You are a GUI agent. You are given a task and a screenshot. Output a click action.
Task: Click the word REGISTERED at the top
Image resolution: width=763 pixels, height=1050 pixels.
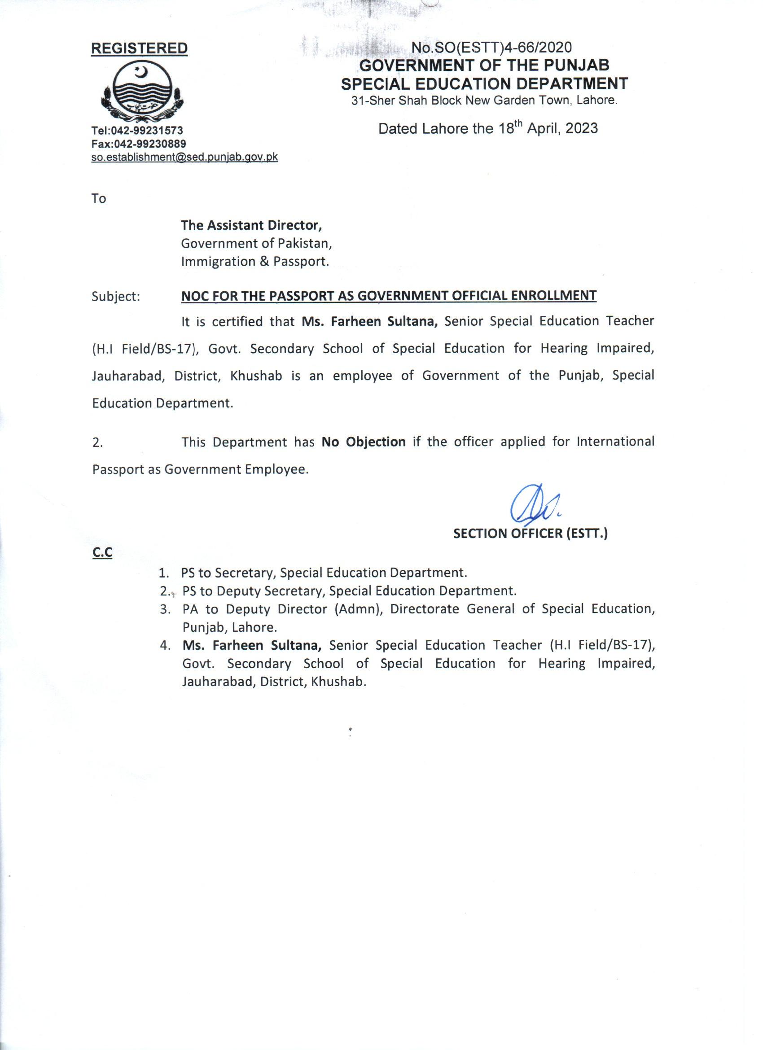click(x=139, y=48)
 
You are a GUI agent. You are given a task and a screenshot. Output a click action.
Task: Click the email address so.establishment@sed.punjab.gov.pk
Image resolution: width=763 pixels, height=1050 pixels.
click(x=184, y=157)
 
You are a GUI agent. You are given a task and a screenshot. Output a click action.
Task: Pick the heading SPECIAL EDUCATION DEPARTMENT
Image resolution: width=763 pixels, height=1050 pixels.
click(x=484, y=84)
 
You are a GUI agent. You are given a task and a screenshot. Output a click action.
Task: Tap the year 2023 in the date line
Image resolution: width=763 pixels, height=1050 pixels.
click(x=581, y=128)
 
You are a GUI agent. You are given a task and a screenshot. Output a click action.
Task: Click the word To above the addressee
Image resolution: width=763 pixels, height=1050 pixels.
click(x=99, y=199)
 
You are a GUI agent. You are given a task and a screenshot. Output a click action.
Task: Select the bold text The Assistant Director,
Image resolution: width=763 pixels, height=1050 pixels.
click(x=251, y=225)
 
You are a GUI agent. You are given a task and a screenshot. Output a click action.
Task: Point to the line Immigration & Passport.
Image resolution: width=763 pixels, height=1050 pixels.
click(x=254, y=262)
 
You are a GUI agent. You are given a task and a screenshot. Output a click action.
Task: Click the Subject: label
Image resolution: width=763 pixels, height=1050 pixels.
click(x=116, y=296)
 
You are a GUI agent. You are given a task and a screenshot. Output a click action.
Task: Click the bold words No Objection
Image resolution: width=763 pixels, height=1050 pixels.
click(x=364, y=442)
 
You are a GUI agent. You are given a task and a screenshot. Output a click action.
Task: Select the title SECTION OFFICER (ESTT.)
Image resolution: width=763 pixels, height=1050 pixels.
click(x=530, y=534)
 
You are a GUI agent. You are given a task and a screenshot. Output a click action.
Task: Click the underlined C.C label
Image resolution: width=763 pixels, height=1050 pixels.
click(x=102, y=553)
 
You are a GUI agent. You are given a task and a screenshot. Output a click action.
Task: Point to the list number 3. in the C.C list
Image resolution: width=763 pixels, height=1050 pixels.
click(x=165, y=609)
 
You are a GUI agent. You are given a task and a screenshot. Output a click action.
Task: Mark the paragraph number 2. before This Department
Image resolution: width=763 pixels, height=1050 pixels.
click(x=97, y=442)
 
